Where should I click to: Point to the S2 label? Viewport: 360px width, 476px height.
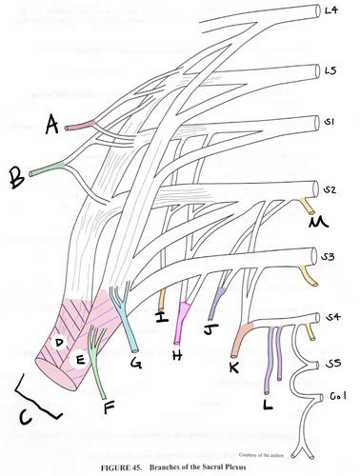click(x=330, y=189)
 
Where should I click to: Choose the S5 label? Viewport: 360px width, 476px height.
click(x=333, y=362)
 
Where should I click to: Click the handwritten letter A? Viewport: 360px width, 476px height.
click(x=51, y=121)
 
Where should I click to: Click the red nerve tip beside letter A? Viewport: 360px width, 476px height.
click(x=73, y=124)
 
